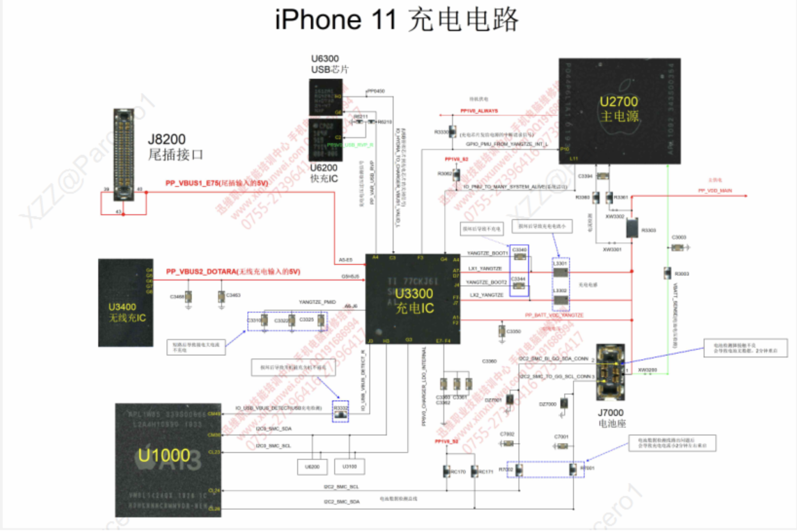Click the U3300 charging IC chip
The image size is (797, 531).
pos(413,299)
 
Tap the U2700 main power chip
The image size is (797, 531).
pos(620,111)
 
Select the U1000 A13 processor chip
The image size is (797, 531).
pos(168,460)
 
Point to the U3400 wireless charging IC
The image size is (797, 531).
pos(126,303)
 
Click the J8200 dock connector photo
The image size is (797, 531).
pos(124,155)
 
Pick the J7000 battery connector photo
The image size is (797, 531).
pos(611,372)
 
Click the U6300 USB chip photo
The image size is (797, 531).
pos(326,97)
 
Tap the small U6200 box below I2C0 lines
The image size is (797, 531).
pos(312,467)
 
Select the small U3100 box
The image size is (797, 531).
pos(350,467)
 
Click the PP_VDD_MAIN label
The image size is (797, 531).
pos(715,191)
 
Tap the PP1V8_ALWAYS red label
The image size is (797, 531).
pos(479,111)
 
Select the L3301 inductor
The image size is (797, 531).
pos(561,272)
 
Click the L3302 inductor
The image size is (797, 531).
pos(561,300)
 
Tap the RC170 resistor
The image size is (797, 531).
pos(447,471)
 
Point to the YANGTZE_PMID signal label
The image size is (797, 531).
pos(317,302)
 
